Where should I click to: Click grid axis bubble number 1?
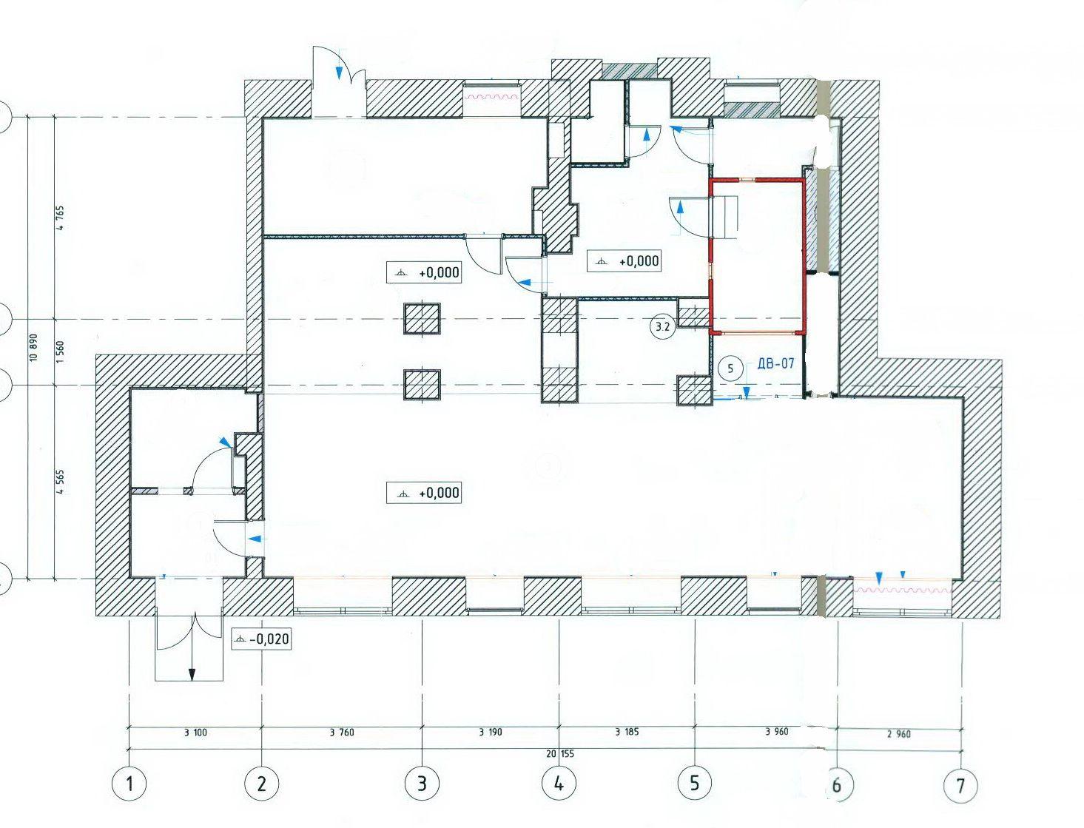pos(129,784)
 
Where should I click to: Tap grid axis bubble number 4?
pos(559,783)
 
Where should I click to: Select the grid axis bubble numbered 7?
pos(960,784)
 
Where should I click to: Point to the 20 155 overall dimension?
pos(559,754)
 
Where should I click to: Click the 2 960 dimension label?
pos(899,734)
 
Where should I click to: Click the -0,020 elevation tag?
pos(260,639)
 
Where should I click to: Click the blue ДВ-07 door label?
pos(776,363)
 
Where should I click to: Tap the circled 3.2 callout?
pos(662,326)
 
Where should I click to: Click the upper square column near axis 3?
pos(422,318)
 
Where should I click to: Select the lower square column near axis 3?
pos(422,384)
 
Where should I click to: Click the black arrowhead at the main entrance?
pos(192,674)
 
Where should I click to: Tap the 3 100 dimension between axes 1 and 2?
pos(195,733)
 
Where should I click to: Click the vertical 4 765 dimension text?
pos(61,218)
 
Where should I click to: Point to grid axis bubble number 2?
pos(261,784)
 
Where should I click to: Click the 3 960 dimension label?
pos(776,731)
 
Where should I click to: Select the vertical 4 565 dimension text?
pos(61,482)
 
